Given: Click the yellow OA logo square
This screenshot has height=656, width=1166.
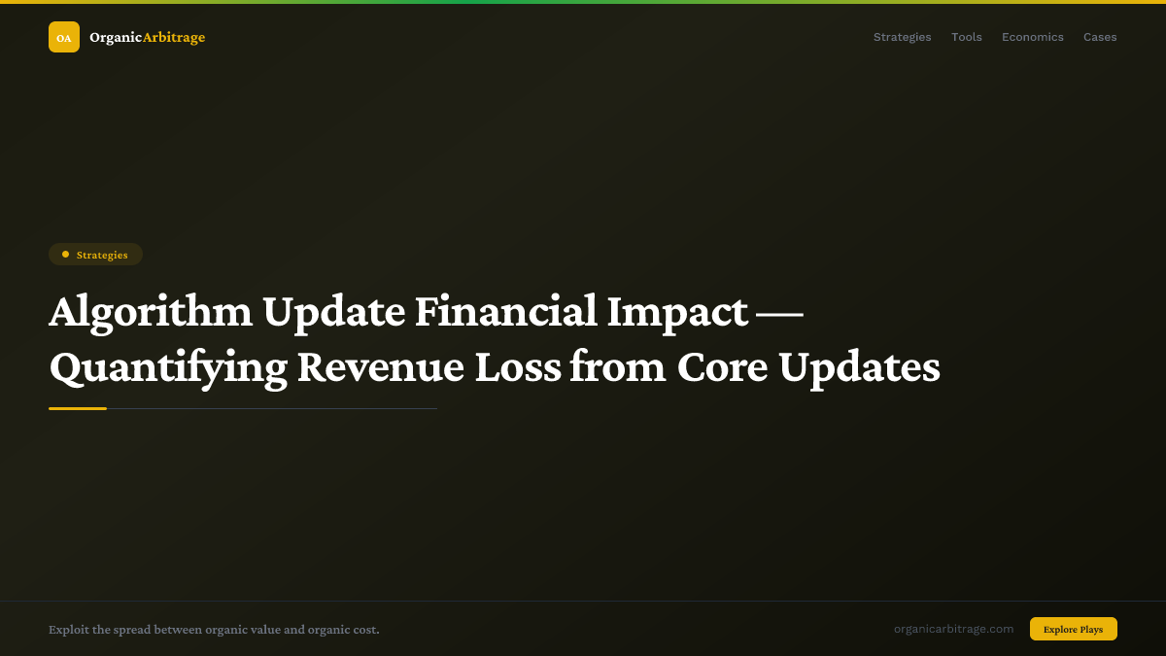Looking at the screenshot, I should (x=64, y=37).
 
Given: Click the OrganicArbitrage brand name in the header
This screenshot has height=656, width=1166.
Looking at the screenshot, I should (x=147, y=38).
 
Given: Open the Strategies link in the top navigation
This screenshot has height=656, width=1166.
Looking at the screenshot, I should (x=902, y=37).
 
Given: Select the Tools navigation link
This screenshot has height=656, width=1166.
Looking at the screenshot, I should (x=966, y=37).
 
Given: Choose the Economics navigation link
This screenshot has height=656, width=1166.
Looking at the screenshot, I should (x=1032, y=37).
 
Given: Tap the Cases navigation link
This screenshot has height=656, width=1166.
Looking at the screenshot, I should (x=1100, y=37).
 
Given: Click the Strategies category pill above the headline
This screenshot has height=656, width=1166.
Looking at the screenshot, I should (x=95, y=255).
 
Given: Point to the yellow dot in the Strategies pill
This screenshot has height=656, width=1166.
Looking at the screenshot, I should (x=65, y=255).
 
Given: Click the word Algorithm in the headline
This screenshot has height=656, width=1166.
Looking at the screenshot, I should (x=151, y=312).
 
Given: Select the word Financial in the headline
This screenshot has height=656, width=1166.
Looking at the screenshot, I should (x=505, y=312).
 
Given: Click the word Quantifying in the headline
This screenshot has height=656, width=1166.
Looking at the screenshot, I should (x=168, y=367).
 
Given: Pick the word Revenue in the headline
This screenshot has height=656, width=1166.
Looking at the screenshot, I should (x=380, y=367).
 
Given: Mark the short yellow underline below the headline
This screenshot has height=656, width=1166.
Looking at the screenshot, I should (x=78, y=408).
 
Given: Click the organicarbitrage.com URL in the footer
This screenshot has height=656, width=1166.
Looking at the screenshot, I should (x=953, y=629).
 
